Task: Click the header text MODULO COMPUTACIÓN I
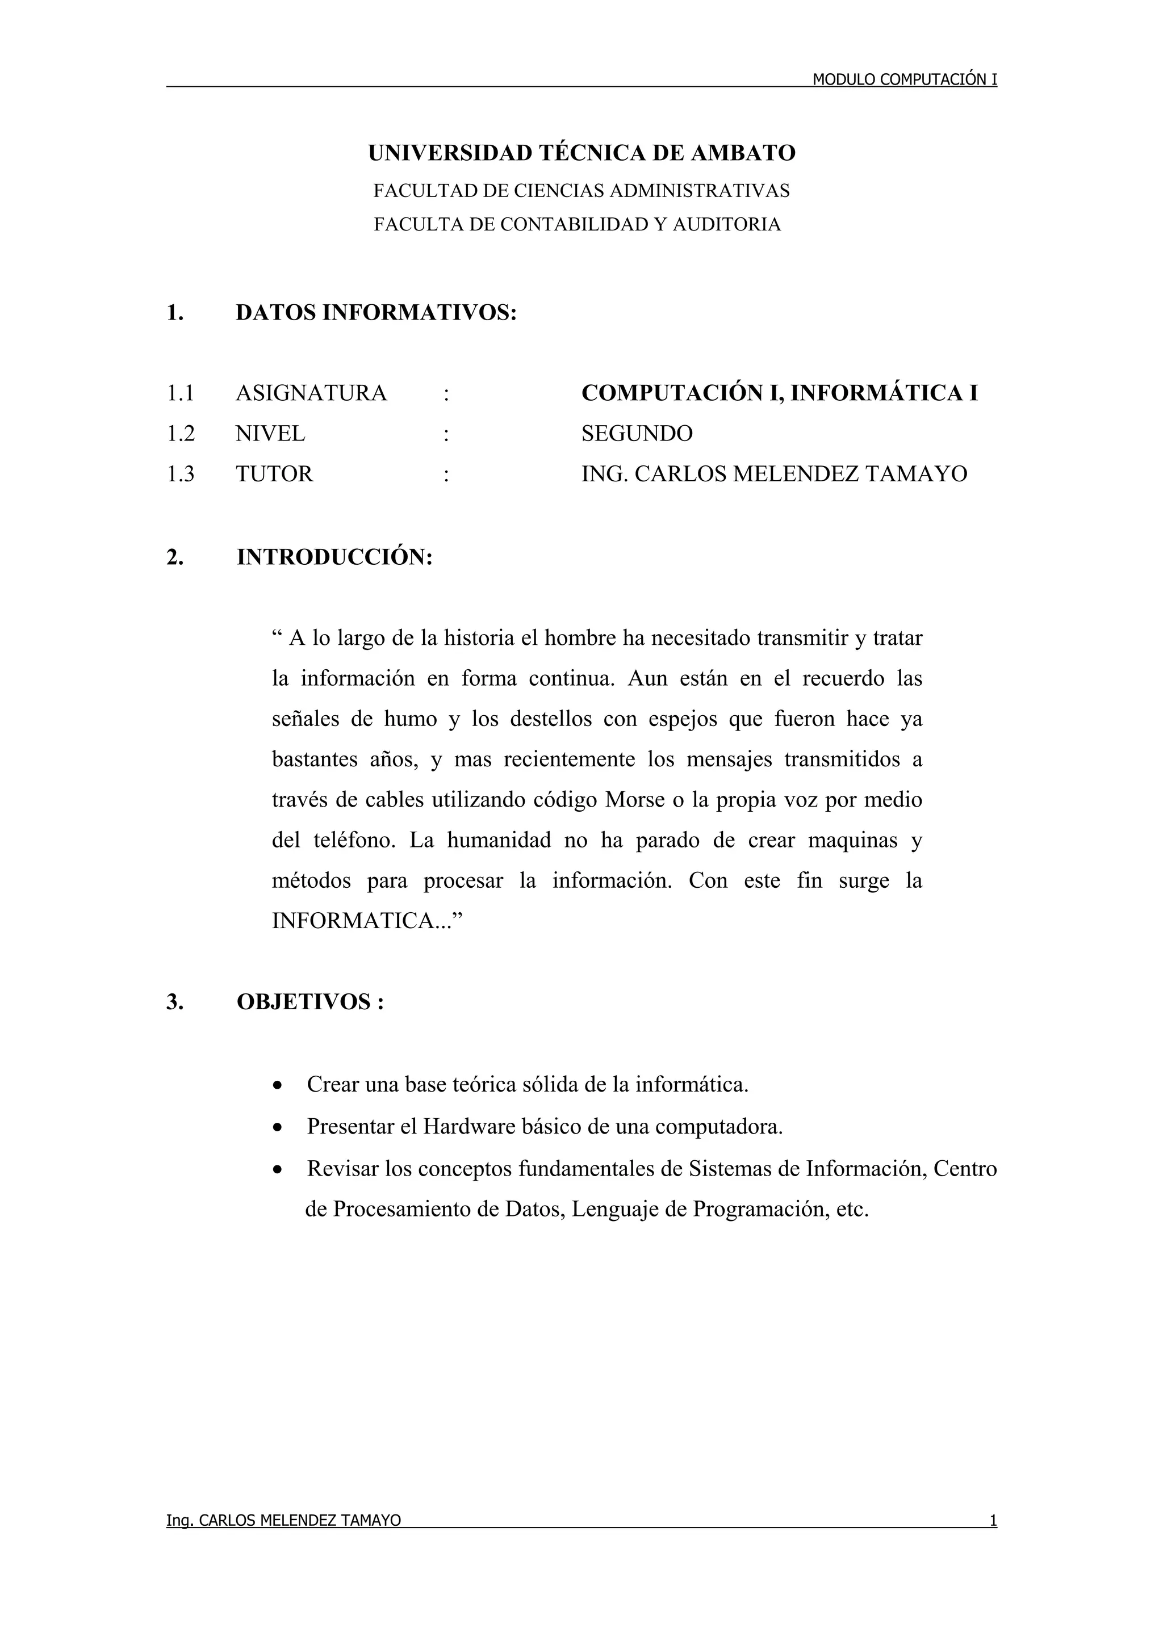point(904,79)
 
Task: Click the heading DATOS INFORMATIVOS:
point(375,313)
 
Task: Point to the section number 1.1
point(180,393)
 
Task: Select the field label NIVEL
point(270,434)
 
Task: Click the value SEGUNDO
point(637,434)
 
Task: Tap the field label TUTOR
point(274,475)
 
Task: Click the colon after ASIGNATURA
point(446,393)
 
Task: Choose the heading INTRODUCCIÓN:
point(334,557)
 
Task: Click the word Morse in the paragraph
point(635,800)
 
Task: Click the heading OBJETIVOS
point(304,1002)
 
